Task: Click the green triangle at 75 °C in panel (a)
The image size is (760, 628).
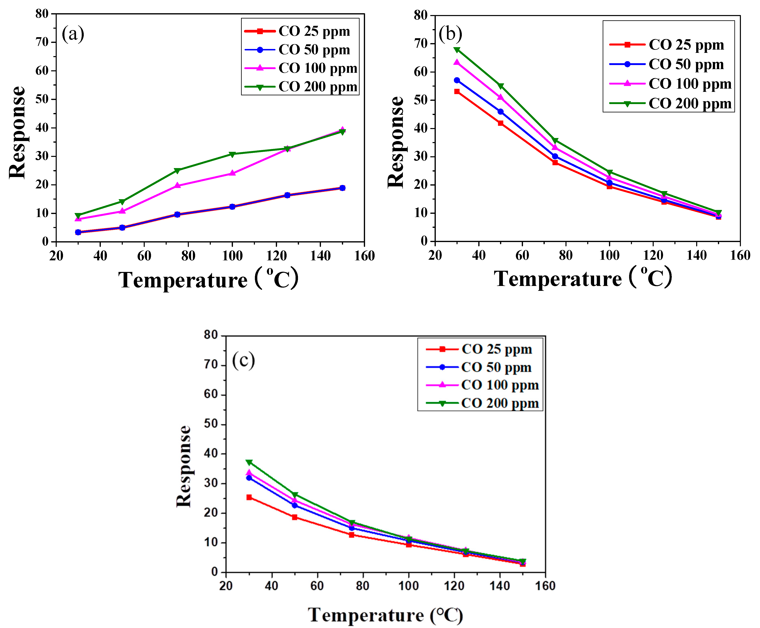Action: click(x=177, y=170)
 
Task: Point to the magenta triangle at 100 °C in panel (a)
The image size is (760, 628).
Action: click(x=232, y=173)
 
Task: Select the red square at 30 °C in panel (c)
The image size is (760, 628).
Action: click(x=249, y=497)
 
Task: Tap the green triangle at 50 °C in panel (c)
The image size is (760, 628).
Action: click(x=295, y=494)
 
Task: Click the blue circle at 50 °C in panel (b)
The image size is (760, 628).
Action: click(x=500, y=112)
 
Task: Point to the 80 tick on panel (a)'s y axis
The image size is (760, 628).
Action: click(x=42, y=14)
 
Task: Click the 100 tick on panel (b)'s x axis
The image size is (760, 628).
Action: click(x=609, y=255)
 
